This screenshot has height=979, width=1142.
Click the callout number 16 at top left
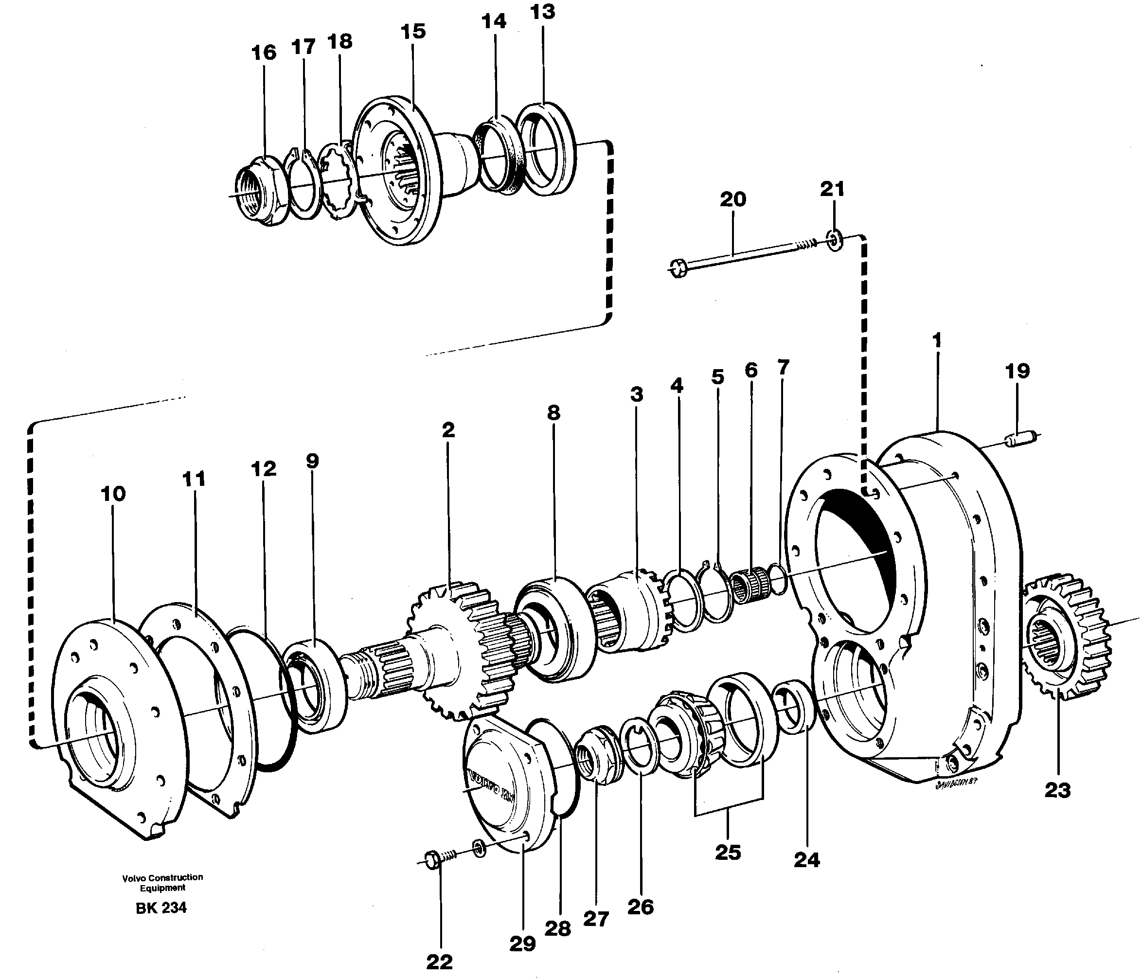point(264,53)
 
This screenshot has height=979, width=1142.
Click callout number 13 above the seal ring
point(542,12)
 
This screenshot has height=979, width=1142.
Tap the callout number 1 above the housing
point(937,340)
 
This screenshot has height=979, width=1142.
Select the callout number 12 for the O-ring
point(263,469)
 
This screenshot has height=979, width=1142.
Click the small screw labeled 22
point(438,859)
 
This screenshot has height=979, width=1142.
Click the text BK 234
point(161,908)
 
